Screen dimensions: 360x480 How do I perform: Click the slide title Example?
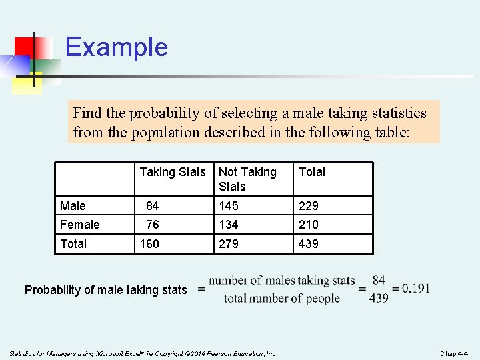(x=117, y=47)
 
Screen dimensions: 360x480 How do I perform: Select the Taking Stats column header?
(x=173, y=172)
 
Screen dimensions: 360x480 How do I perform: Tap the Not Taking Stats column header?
(x=247, y=179)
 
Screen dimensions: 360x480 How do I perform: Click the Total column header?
(x=312, y=172)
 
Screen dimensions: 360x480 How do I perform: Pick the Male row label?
(x=73, y=206)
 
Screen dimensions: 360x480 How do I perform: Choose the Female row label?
(x=79, y=225)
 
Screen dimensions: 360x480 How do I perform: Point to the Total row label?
(x=73, y=244)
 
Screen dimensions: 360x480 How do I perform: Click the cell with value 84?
(x=152, y=206)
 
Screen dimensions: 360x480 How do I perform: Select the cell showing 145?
(x=229, y=206)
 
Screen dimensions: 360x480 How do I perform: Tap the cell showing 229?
(x=309, y=206)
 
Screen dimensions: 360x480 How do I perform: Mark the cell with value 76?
(x=152, y=225)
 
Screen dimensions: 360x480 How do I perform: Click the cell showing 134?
(x=229, y=225)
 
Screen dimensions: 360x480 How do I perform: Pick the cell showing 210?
(x=309, y=225)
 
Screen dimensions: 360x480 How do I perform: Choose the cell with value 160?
(x=149, y=244)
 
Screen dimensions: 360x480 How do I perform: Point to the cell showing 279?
(x=229, y=244)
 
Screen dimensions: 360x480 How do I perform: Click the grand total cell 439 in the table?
(x=309, y=244)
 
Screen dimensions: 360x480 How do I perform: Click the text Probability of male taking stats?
(x=105, y=290)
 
